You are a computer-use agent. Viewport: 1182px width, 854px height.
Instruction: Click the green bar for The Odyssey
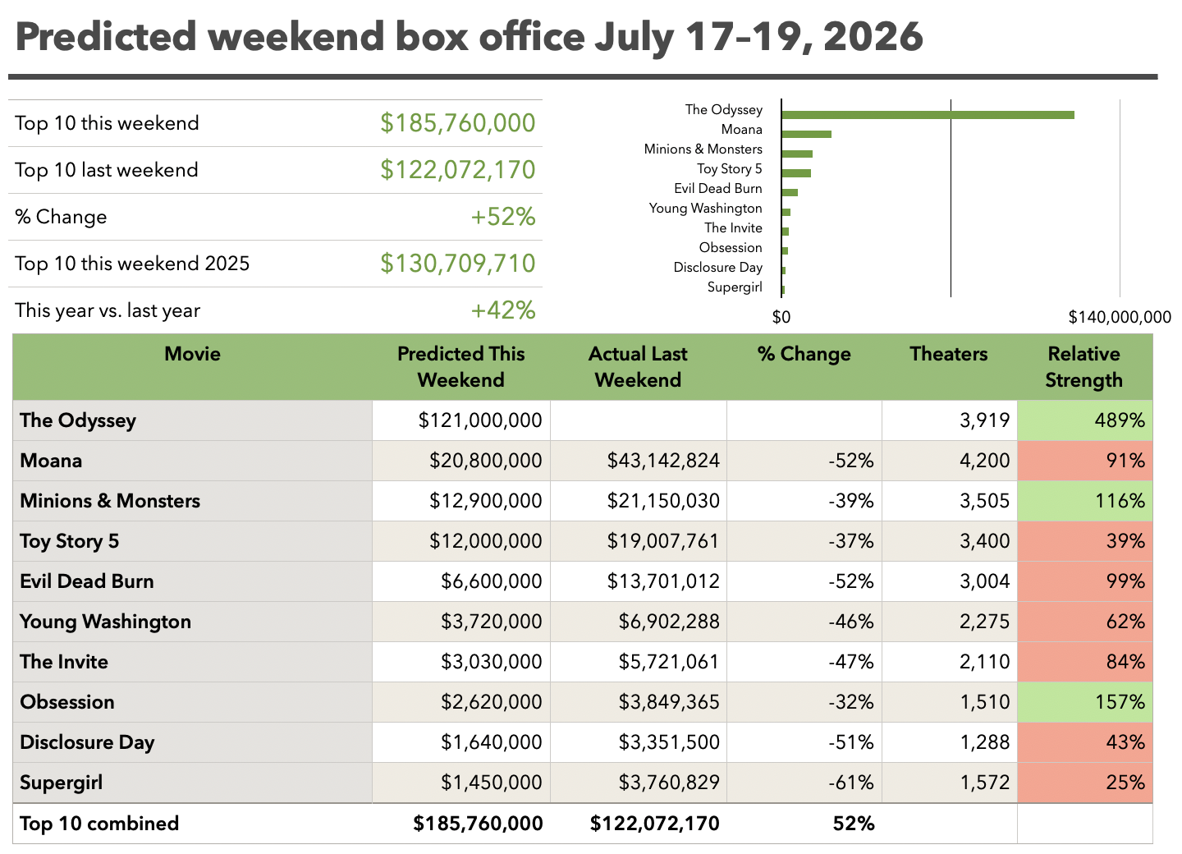point(928,115)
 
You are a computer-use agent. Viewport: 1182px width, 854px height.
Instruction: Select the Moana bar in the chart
point(806,134)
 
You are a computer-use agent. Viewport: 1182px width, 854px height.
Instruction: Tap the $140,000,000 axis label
point(1120,317)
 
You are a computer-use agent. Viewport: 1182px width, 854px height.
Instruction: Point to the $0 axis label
point(781,317)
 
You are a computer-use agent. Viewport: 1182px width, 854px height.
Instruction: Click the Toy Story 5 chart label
point(729,169)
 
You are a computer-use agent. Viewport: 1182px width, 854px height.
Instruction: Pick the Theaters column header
point(948,354)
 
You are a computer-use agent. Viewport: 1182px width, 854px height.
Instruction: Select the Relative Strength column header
point(1083,367)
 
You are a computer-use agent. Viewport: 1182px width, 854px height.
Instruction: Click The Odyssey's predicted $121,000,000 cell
point(479,420)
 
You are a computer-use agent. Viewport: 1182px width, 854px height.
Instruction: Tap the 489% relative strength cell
point(1120,420)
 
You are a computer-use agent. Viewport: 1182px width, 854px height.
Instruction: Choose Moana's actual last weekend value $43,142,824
point(662,460)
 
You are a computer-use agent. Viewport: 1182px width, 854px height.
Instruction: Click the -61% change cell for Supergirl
point(850,783)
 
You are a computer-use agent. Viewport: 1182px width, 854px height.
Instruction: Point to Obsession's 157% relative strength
point(1120,702)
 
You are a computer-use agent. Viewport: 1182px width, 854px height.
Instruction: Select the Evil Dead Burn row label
point(86,581)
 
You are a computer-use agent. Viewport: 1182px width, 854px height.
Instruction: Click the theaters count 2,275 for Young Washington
point(984,622)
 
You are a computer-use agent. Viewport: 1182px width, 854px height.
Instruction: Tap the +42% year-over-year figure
point(503,310)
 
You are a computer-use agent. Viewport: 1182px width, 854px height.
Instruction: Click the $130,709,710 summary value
point(457,263)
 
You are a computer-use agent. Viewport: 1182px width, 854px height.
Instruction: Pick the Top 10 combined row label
point(99,824)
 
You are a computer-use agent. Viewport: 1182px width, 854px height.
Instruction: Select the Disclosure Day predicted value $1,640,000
point(491,742)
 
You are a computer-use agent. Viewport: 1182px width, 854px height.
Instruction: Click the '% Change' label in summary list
point(61,217)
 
